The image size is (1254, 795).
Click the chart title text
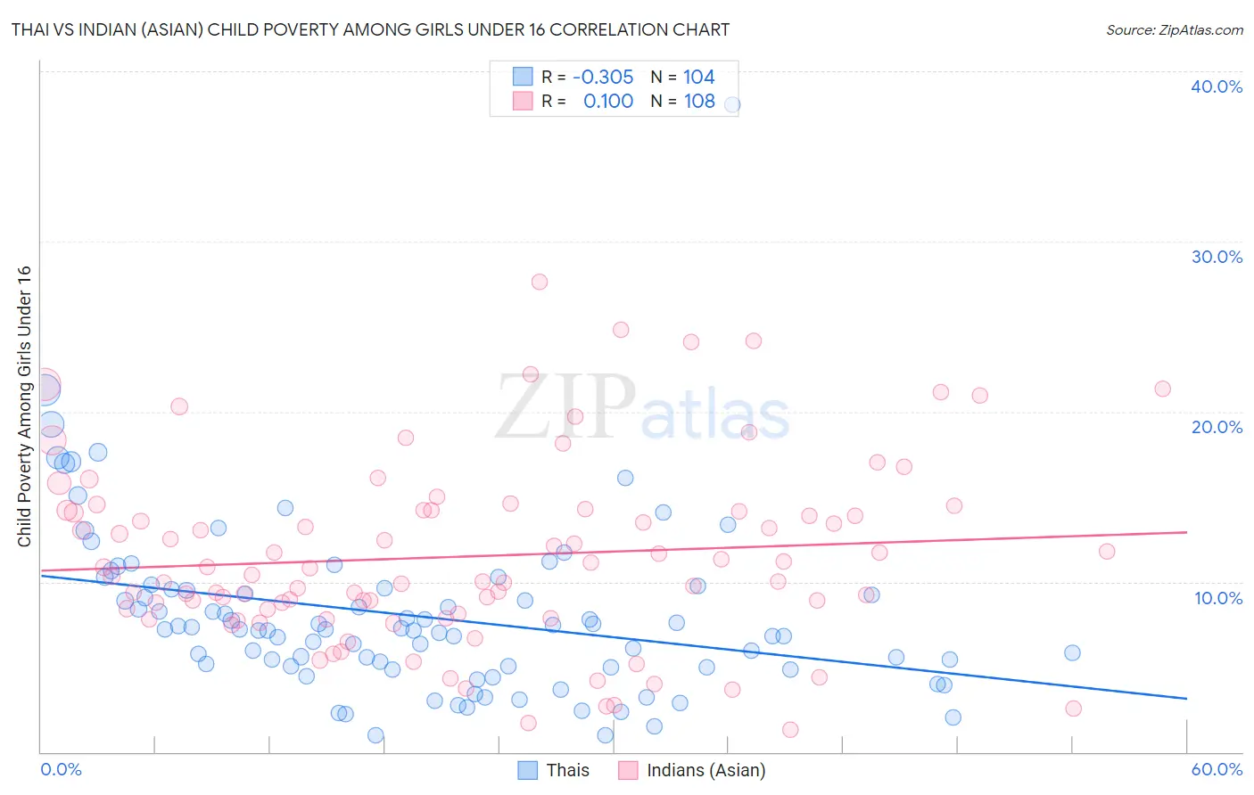[370, 29]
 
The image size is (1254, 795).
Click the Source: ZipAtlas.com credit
[1174, 29]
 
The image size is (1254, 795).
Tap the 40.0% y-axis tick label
[1217, 86]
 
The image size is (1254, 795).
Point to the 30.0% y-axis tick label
[1217, 257]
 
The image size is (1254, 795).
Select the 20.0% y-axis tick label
[1217, 427]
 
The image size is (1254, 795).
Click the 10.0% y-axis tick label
[1217, 598]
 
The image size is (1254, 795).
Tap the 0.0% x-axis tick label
[61, 769]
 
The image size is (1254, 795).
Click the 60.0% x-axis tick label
[1217, 769]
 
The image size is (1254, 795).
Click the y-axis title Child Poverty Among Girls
[24, 406]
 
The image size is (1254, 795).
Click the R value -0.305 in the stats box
[603, 78]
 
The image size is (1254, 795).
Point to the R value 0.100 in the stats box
[608, 102]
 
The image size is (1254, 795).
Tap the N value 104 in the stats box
[699, 78]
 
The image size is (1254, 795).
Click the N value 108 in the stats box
[699, 102]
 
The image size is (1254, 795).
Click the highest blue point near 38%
[731, 104]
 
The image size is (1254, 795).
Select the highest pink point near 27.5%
[539, 282]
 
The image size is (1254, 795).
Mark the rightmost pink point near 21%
[1162, 389]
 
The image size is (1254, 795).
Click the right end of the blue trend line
[1186, 699]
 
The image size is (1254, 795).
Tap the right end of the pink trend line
[1186, 532]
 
